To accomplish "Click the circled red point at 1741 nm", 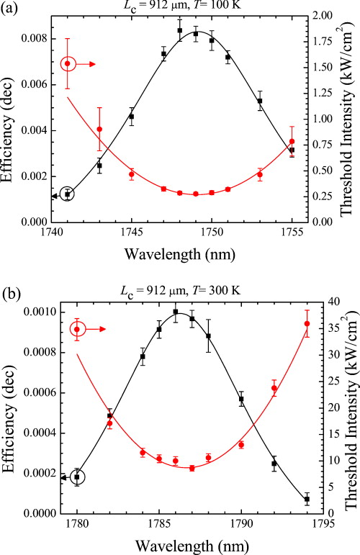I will pyautogui.click(x=68, y=63).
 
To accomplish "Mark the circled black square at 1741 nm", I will pyautogui.click(x=68, y=194).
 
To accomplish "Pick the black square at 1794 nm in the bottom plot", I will pyautogui.click(x=307, y=499).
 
